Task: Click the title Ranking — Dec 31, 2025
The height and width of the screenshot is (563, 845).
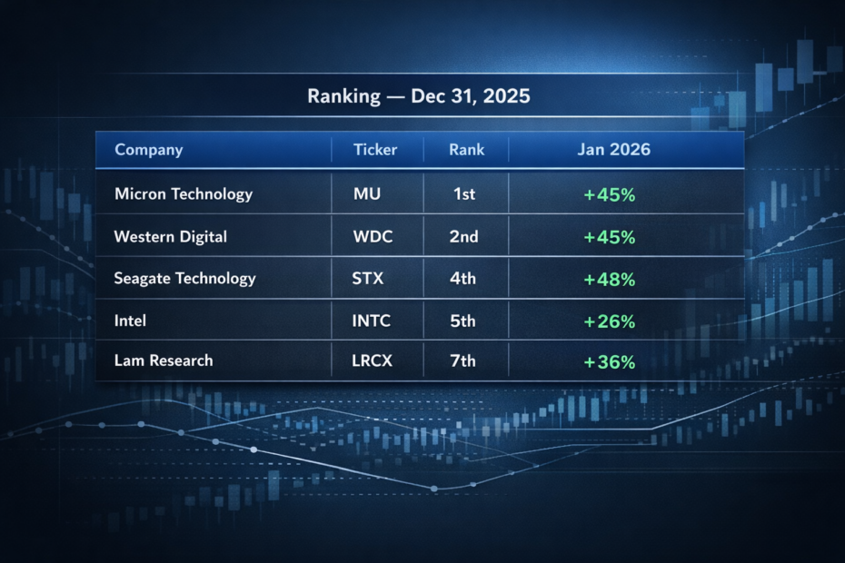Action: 418,97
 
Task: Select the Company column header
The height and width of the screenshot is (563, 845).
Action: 148,150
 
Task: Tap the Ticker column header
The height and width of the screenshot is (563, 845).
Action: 375,150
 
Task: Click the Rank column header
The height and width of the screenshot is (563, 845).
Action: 466,150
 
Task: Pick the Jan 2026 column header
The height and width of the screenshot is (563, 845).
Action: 613,150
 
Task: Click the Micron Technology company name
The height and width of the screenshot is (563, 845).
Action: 184,194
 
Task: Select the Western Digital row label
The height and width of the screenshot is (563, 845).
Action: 170,237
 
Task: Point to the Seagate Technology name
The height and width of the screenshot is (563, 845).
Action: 184,279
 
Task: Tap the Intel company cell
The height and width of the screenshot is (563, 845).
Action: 130,321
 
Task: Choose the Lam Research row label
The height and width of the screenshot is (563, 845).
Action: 164,361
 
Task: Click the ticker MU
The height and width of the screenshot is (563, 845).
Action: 367,194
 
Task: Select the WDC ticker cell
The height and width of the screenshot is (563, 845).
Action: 373,237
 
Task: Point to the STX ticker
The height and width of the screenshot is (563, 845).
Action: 368,279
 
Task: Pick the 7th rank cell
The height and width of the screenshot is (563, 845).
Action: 462,361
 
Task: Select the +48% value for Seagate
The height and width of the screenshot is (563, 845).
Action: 609,280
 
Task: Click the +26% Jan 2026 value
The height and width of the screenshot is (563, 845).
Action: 609,321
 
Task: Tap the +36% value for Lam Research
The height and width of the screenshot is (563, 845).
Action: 609,361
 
